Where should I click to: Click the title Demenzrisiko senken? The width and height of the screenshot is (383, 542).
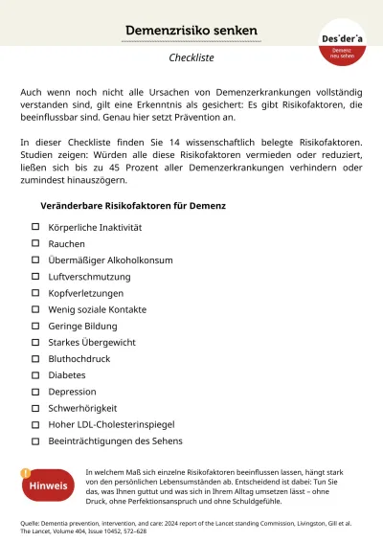pyautogui.click(x=191, y=32)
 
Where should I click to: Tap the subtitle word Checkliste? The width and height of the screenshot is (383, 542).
pyautogui.click(x=191, y=57)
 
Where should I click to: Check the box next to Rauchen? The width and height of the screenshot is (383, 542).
pyautogui.click(x=35, y=243)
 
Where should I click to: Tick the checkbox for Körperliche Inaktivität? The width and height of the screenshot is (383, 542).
pyautogui.click(x=35, y=227)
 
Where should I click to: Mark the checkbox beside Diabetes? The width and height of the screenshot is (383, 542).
pyautogui.click(x=35, y=375)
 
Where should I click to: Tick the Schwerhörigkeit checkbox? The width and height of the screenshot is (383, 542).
pyautogui.click(x=35, y=408)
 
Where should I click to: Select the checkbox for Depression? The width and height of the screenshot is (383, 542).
pyautogui.click(x=35, y=392)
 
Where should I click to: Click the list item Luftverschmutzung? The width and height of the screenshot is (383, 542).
pyautogui.click(x=89, y=277)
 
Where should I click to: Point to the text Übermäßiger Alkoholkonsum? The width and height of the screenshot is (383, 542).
pyautogui.click(x=110, y=260)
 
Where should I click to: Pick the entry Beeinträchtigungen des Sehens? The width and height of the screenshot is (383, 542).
pyautogui.click(x=115, y=441)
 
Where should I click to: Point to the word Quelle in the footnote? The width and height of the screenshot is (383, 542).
pyautogui.click(x=33, y=524)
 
